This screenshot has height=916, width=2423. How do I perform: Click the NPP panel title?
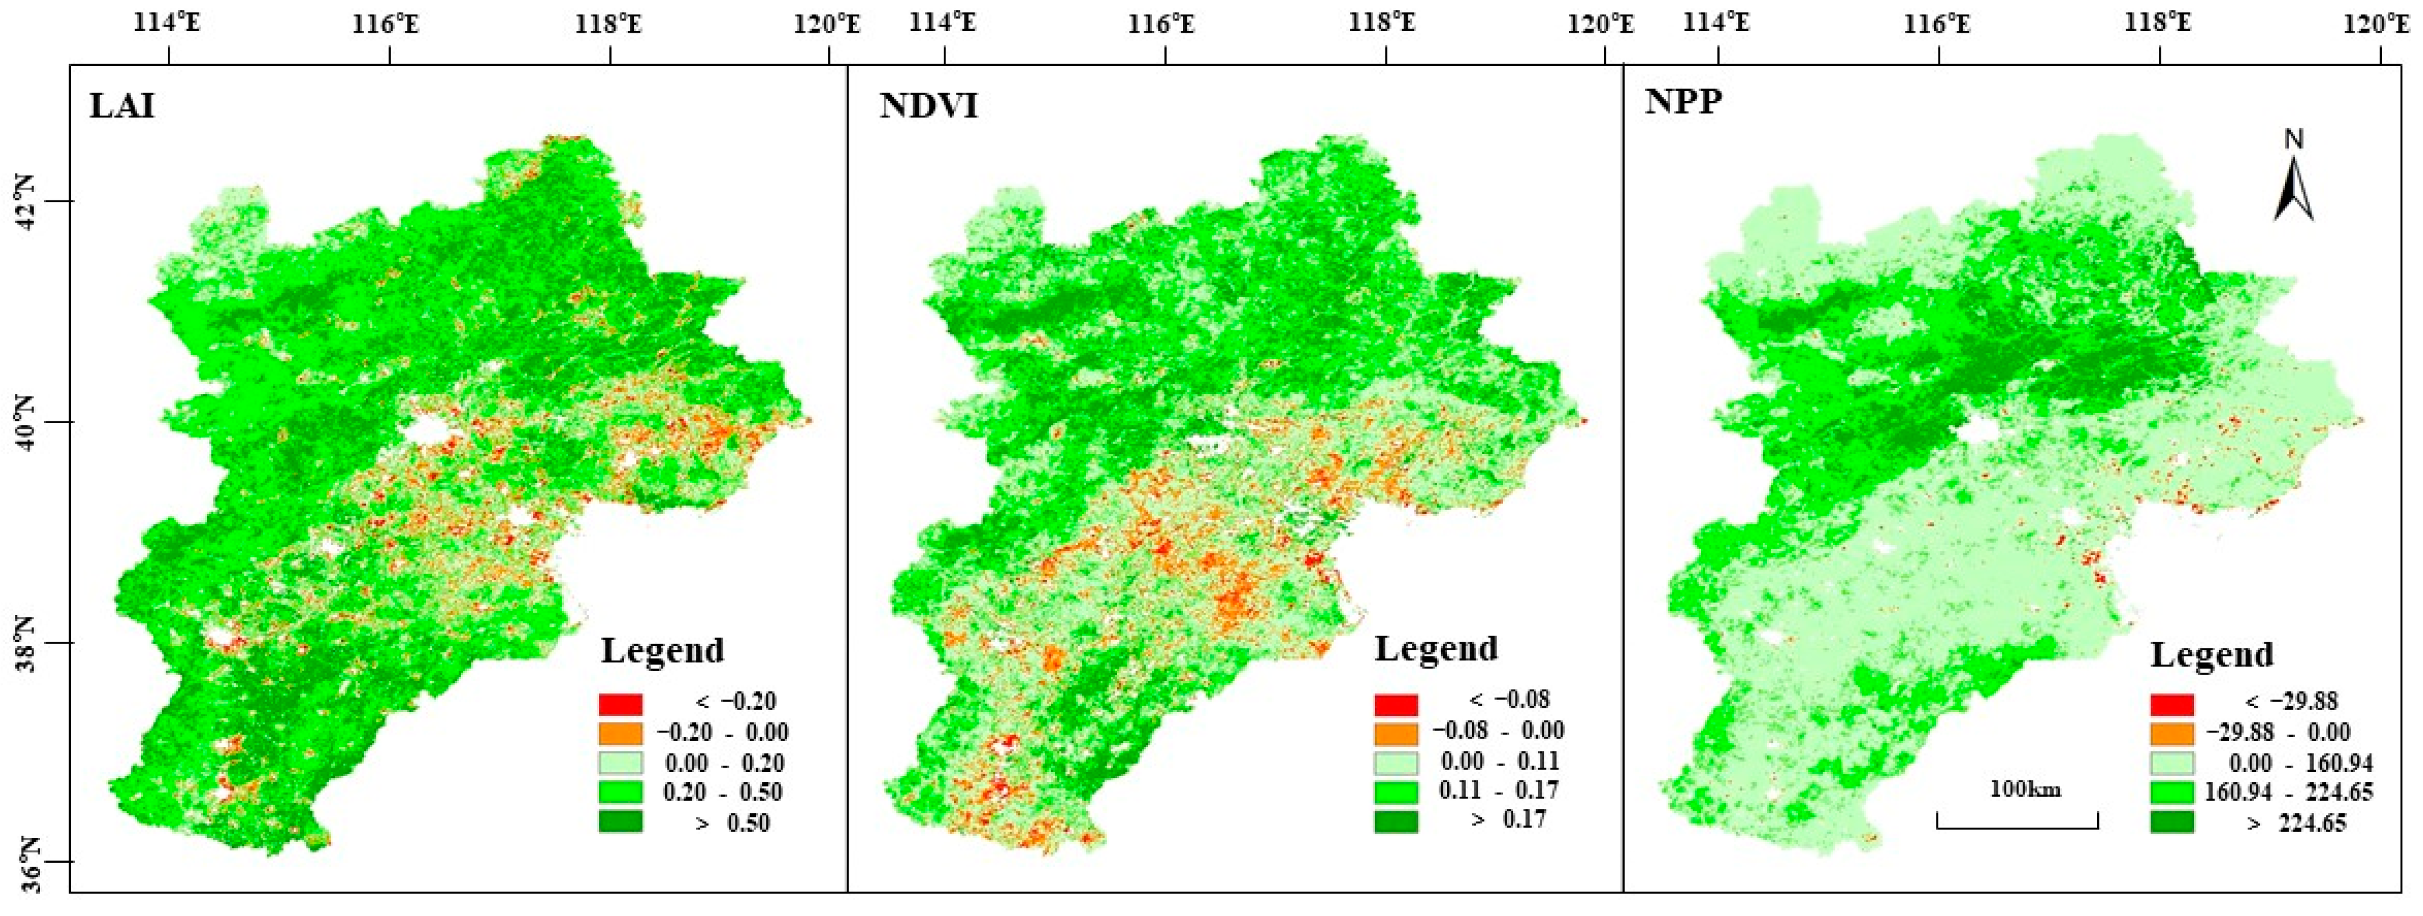click(1683, 102)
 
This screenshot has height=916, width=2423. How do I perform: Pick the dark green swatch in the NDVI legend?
click(1396, 821)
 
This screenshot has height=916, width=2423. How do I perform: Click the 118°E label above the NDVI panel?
click(1385, 22)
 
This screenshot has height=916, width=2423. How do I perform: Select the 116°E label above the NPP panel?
click(1940, 22)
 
